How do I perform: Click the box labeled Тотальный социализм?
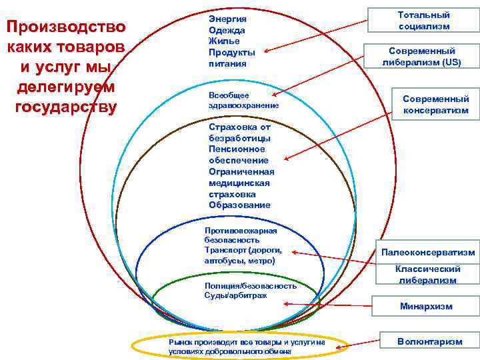click(423, 20)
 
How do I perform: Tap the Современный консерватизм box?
click(435, 104)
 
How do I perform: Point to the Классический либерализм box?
click(427, 274)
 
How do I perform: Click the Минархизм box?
click(426, 307)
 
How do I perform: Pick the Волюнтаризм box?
click(429, 341)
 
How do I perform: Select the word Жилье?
click(223, 41)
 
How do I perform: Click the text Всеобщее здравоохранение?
click(243, 100)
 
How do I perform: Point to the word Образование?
click(239, 205)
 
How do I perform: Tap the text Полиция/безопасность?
click(250, 285)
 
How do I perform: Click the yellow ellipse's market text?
click(247, 346)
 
